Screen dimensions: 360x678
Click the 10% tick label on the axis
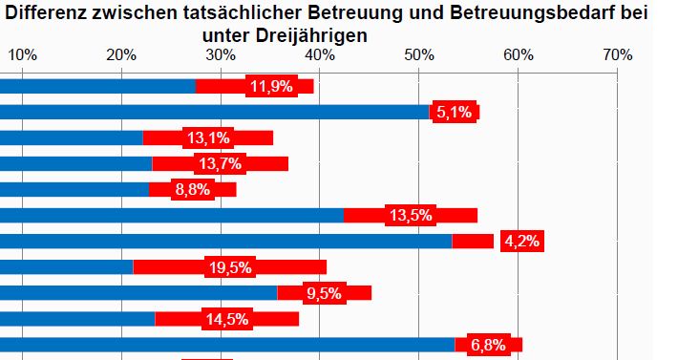coord(23,54)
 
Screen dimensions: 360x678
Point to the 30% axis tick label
coord(221,54)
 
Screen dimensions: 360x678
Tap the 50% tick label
coord(419,54)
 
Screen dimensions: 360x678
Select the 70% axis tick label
coord(617,54)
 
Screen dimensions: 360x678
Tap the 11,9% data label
coord(272,87)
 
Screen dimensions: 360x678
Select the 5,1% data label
coord(455,113)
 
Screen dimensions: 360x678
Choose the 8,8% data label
coord(193,190)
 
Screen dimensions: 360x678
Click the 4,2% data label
coord(521,242)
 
